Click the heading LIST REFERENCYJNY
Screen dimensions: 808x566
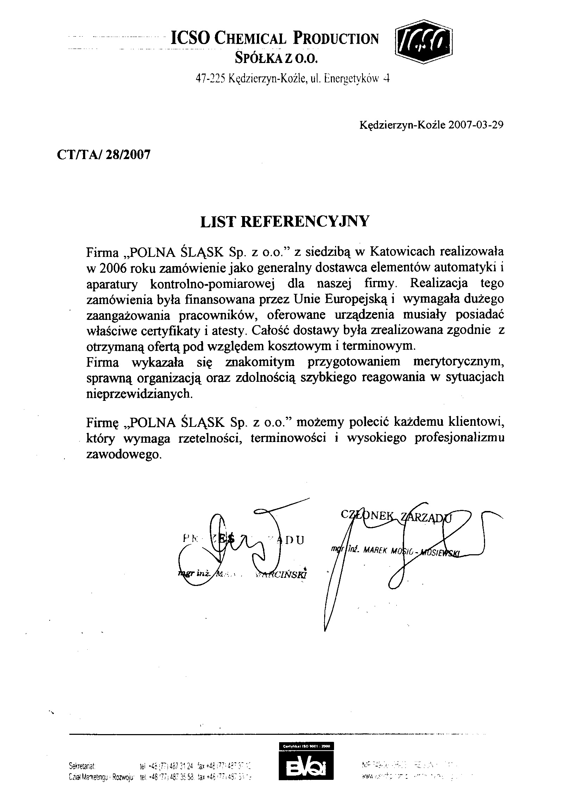coord(285,222)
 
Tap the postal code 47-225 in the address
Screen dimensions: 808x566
coord(210,78)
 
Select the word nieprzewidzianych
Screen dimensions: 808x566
coord(140,394)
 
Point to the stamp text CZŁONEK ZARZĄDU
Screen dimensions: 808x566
coord(396,516)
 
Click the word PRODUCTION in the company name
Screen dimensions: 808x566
coord(336,39)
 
